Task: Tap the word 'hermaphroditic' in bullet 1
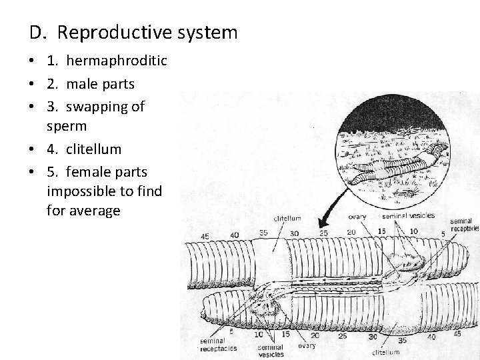[116, 61]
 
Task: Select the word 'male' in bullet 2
[83, 83]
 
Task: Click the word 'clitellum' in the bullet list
[93, 149]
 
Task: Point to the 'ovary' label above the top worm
[357, 215]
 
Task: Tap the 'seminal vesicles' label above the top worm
[407, 215]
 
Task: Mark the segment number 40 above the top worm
[234, 234]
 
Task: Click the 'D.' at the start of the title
[37, 32]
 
